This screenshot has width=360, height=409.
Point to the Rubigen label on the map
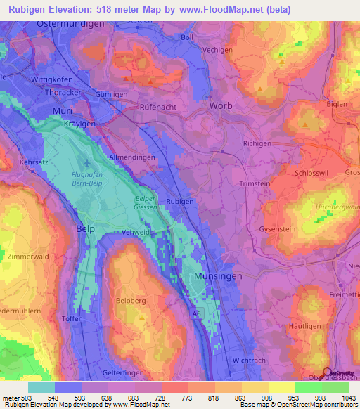[180, 201]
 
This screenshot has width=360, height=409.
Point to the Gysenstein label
[277, 229]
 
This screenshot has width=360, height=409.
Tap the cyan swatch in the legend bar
[41, 387]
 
